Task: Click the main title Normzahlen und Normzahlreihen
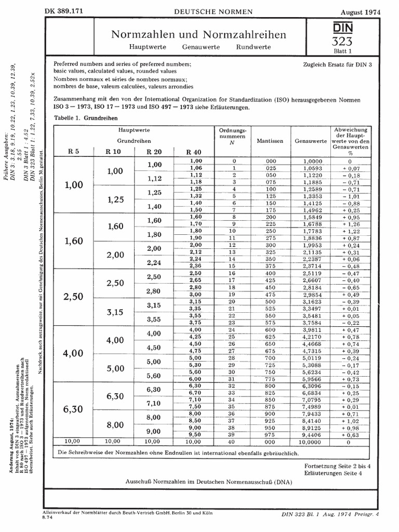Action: point(199,34)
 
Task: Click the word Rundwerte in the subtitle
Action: point(253,47)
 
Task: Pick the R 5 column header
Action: point(74,151)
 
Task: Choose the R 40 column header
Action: point(192,152)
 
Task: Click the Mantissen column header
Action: point(270,141)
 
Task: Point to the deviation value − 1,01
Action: point(350,196)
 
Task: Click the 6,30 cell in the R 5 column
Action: point(73,409)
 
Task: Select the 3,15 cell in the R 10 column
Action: point(115,312)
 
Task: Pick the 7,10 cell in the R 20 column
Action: point(154,403)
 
